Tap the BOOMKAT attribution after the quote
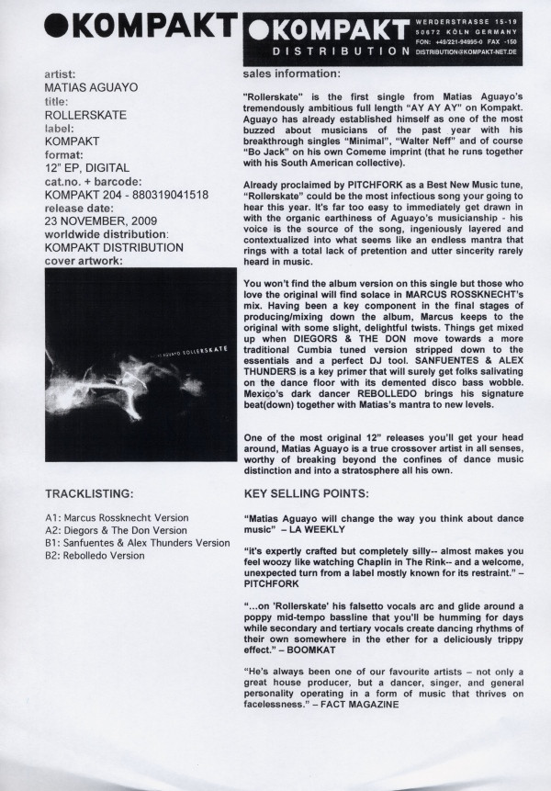[x=339, y=648]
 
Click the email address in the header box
[x=468, y=53]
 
